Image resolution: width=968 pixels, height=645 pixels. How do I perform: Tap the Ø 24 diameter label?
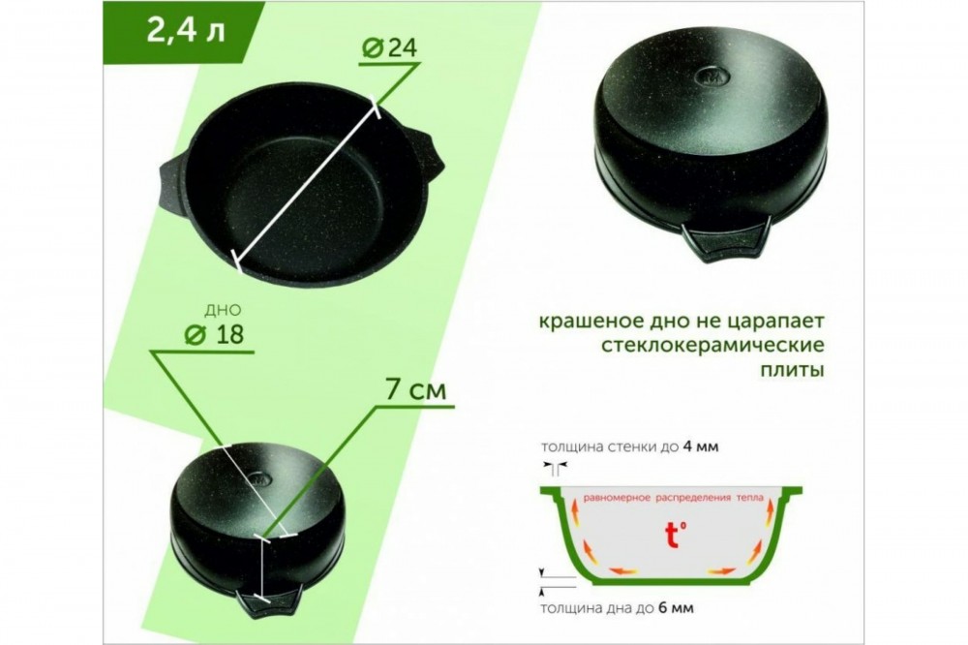[x=389, y=47]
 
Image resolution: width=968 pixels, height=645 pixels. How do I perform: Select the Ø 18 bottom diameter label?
[x=215, y=334]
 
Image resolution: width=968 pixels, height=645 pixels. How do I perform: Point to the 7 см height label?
[x=415, y=390]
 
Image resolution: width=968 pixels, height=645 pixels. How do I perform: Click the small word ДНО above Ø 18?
[x=223, y=310]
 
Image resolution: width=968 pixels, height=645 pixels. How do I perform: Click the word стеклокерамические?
[x=713, y=345]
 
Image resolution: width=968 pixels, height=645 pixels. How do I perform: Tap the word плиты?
[x=792, y=370]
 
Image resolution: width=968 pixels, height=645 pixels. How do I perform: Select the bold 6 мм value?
[x=676, y=608]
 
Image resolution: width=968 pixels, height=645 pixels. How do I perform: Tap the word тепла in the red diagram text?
[x=749, y=498]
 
